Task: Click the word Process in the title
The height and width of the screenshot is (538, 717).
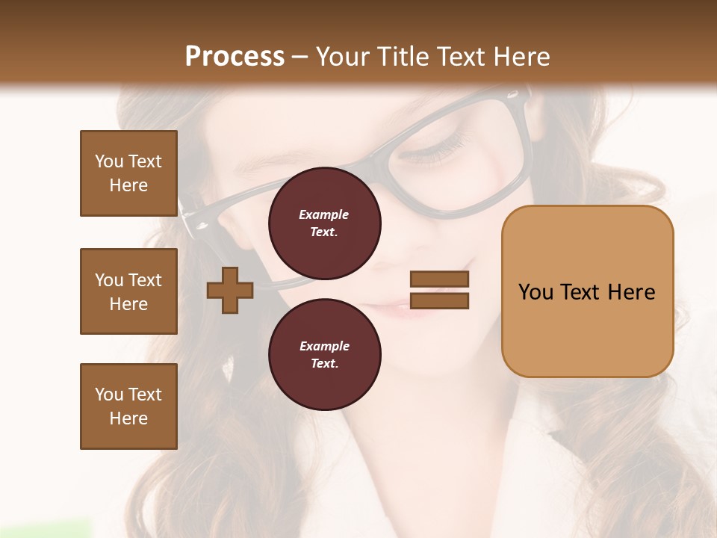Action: pos(235,57)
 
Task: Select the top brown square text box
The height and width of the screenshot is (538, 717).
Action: pos(128,173)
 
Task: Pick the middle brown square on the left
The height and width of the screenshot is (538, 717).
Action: pos(128,291)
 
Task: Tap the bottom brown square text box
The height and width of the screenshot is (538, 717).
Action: pos(128,406)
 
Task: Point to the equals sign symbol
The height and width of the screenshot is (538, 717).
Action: pos(440,291)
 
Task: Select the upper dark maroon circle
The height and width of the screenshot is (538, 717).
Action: pos(325,223)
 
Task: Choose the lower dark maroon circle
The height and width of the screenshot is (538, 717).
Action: pos(325,354)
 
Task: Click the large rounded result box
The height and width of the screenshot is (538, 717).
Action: pos(587,291)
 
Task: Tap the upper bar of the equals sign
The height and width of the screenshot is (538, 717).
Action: pos(440,279)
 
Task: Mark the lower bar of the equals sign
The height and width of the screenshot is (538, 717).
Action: pos(440,301)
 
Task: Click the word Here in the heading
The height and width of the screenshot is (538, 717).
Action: pos(522,57)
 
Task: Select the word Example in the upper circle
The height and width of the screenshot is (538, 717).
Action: pos(324,214)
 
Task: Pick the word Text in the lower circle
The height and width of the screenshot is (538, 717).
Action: pos(324,364)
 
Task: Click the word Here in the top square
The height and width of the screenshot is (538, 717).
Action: pos(128,185)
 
